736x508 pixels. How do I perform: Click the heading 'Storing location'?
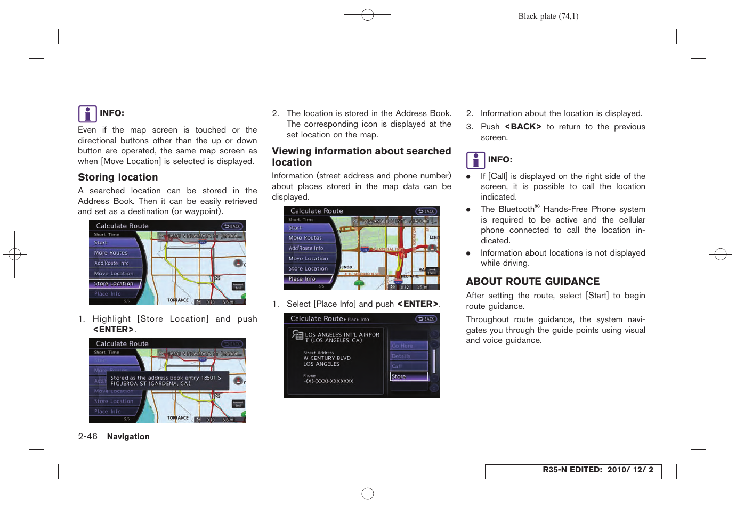point(118,177)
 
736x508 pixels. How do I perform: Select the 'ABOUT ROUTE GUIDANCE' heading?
point(532,282)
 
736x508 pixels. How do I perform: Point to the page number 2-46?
point(87,437)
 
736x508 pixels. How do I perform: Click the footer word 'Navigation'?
point(128,437)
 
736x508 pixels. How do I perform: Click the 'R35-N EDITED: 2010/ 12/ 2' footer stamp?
point(597,470)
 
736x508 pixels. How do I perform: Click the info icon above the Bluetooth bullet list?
point(475,160)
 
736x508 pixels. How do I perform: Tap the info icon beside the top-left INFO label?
point(87,114)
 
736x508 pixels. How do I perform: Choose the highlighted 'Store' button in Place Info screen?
point(409,376)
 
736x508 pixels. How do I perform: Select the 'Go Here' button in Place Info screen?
point(409,346)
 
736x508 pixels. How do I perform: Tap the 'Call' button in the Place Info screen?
point(409,366)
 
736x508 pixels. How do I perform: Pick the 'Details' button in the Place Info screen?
point(409,356)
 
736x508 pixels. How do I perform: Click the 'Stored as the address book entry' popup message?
point(168,381)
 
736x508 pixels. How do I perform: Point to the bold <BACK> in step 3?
point(522,127)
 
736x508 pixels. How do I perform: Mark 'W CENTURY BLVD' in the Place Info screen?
point(327,358)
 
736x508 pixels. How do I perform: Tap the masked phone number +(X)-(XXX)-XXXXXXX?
point(328,381)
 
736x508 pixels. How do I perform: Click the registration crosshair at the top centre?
point(368,15)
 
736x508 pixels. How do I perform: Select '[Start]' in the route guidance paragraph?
point(597,296)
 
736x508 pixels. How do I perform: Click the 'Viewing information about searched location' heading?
point(361,157)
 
